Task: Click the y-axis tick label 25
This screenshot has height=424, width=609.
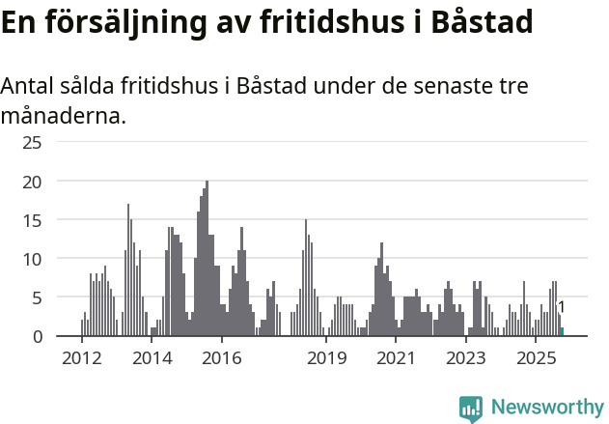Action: coord(33,143)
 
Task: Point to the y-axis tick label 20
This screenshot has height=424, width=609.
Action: coord(33,182)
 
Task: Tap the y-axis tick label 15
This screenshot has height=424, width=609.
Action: coord(33,220)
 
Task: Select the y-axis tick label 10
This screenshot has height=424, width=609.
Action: coord(33,259)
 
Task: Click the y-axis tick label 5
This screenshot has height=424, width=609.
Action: coord(37,297)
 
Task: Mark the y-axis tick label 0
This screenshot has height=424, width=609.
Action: coord(37,336)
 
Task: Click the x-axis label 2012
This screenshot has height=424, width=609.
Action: coord(81,358)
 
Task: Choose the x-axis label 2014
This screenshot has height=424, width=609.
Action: coord(152,358)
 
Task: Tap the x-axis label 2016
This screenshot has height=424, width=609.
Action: coord(222,358)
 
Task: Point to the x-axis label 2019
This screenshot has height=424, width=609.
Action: coord(327,358)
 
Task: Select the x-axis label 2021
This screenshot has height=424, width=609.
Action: coord(397,358)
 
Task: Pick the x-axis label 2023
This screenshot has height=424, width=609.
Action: coord(467,358)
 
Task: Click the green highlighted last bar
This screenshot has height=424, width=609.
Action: coord(562,331)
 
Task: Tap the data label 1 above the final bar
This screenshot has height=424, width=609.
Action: coord(562,308)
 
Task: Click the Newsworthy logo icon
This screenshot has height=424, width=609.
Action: coord(471,408)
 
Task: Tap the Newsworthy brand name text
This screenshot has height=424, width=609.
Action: coord(547,408)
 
